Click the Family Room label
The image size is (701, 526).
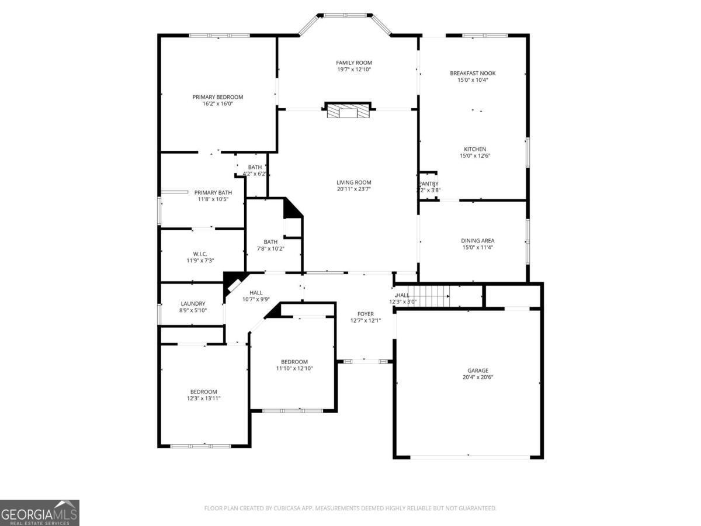353,63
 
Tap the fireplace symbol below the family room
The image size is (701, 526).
348,111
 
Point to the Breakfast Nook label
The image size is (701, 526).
473,73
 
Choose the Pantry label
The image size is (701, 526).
428,184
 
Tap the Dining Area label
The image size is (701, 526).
478,240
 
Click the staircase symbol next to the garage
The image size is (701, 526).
428,296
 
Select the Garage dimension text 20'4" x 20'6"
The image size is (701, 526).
477,378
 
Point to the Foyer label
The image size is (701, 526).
366,314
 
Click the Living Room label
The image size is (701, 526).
353,182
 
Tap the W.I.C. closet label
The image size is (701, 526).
193,253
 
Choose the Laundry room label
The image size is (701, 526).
193,303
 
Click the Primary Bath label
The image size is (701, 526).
213,192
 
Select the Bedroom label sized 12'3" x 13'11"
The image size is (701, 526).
203,392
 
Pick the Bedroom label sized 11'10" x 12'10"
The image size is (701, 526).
294,362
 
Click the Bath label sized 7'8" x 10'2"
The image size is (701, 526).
270,242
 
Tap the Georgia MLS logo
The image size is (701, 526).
40,513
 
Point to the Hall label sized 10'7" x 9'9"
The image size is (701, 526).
256,293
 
